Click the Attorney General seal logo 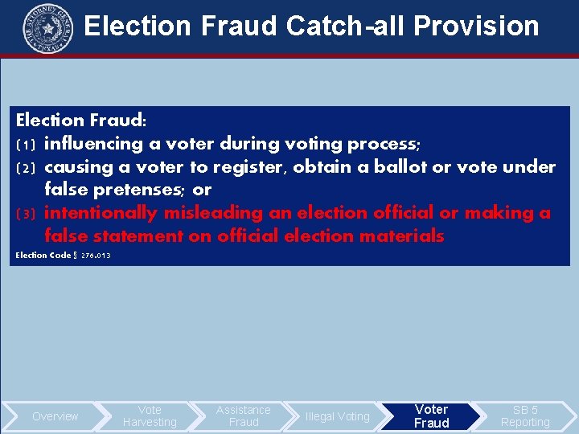coord(47,26)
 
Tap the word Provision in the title coord(476,26)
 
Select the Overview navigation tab coord(55,416)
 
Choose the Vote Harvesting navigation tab coord(150,416)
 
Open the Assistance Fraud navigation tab coord(244,416)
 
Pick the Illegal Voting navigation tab coord(338,416)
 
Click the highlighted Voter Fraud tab coord(432,416)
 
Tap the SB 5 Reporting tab coord(525,416)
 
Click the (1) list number coord(25,145)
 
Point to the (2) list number coord(25,168)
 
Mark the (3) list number coord(25,214)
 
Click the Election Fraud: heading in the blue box coord(81,121)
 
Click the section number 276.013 coord(96,256)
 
